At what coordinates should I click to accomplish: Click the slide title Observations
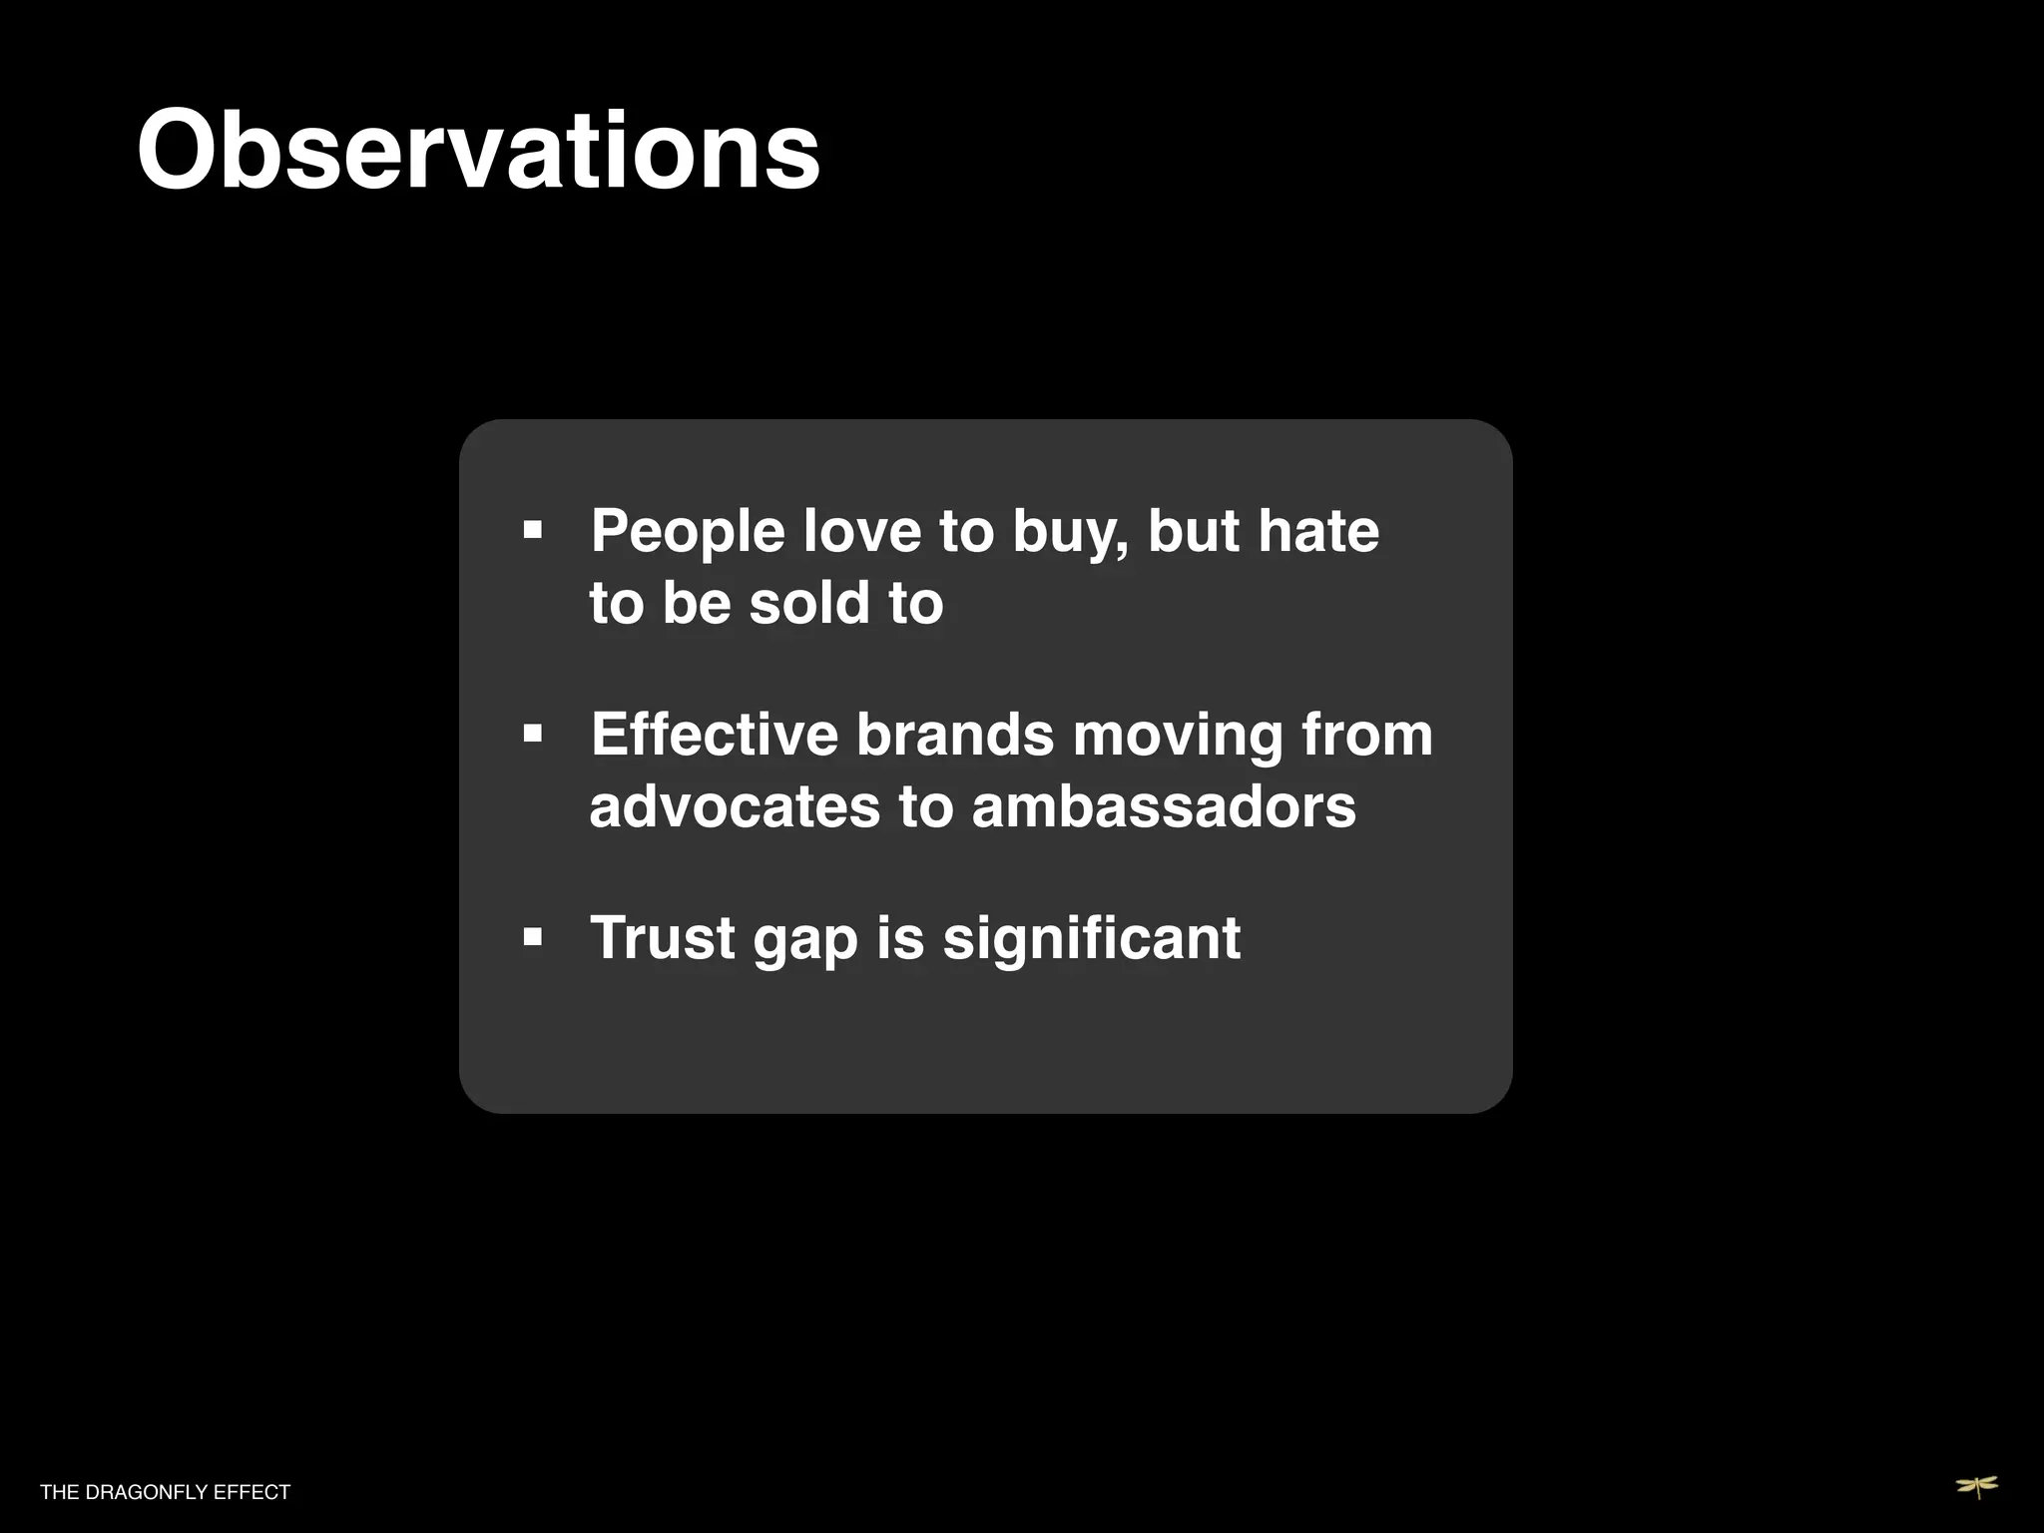pyautogui.click(x=478, y=152)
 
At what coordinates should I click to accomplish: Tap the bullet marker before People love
pyautogui.click(x=533, y=529)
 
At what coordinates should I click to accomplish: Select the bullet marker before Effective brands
pyautogui.click(x=533, y=735)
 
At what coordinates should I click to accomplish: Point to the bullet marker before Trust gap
pyautogui.click(x=533, y=938)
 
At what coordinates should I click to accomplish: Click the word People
pyautogui.click(x=688, y=531)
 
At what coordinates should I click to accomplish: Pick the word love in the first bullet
pyautogui.click(x=861, y=531)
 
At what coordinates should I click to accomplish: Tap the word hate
pyautogui.click(x=1318, y=531)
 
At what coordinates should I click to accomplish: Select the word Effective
pyautogui.click(x=714, y=735)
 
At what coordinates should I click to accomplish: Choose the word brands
pyautogui.click(x=954, y=735)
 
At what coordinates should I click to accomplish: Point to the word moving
pyautogui.click(x=1178, y=737)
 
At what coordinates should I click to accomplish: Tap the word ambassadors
pyautogui.click(x=1164, y=806)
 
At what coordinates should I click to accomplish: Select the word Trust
pyautogui.click(x=663, y=938)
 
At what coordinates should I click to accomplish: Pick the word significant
pyautogui.click(x=1092, y=940)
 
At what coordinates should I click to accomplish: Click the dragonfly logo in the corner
pyautogui.click(x=1976, y=1487)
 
